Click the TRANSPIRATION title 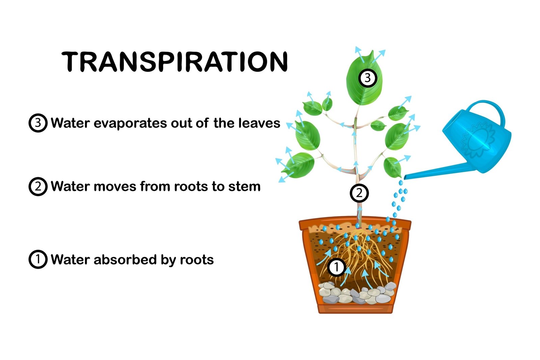pyautogui.click(x=175, y=62)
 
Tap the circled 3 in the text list pyautogui.click(x=38, y=123)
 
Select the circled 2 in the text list pyautogui.click(x=38, y=186)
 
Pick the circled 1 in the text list pyautogui.click(x=38, y=259)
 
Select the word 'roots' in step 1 pyautogui.click(x=197, y=259)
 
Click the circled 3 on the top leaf pyautogui.click(x=368, y=78)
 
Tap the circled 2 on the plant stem pyautogui.click(x=359, y=193)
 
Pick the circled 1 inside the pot pyautogui.click(x=336, y=267)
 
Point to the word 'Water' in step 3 pyautogui.click(x=70, y=123)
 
